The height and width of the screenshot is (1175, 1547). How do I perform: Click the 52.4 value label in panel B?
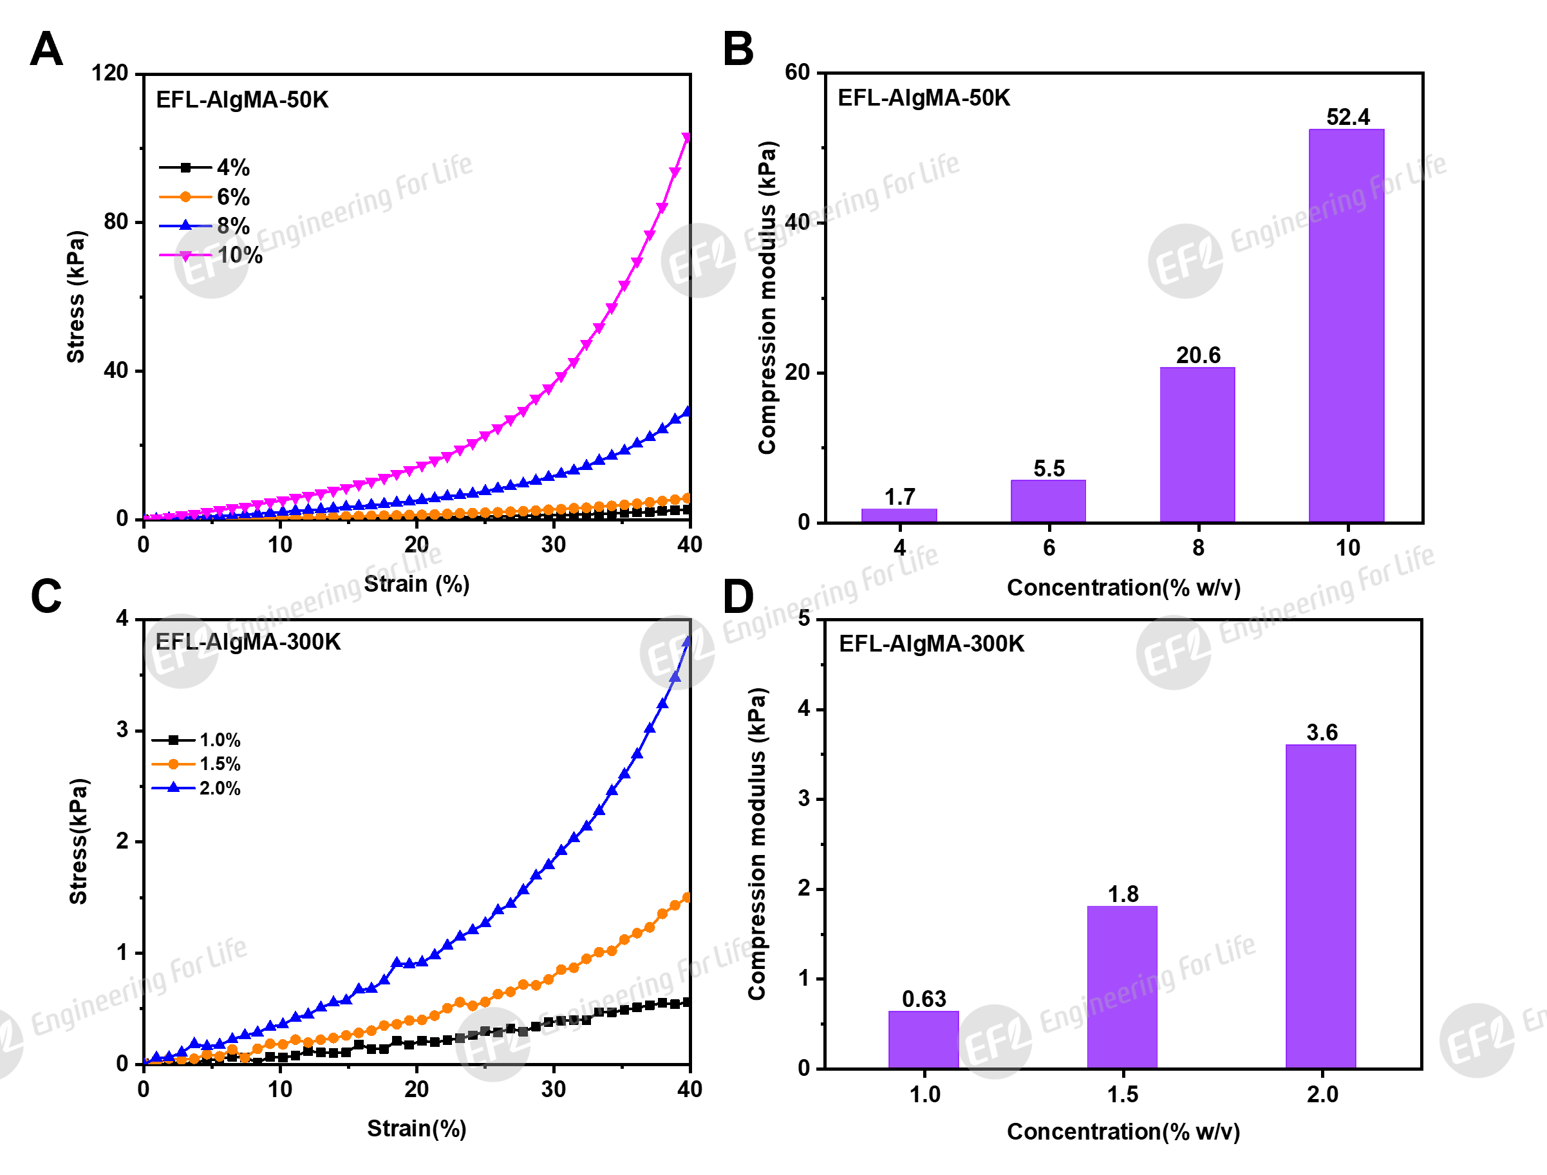click(x=1347, y=117)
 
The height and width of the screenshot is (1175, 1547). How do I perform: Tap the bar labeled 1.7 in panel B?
click(x=899, y=515)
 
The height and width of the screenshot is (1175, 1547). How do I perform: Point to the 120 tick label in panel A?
click(x=110, y=73)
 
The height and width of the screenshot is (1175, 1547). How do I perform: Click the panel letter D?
click(x=738, y=597)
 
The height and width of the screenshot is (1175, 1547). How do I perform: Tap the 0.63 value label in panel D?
click(x=923, y=999)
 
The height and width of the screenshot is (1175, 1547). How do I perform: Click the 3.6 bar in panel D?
click(x=1320, y=906)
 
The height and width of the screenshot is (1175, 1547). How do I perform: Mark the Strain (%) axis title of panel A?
click(x=417, y=584)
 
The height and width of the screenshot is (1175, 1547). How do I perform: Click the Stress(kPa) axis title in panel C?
click(x=79, y=841)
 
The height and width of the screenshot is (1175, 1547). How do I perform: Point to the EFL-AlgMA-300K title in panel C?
click(x=248, y=642)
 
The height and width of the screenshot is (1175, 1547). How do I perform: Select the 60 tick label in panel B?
click(x=796, y=72)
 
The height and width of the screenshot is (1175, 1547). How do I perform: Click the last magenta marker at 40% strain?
click(x=687, y=138)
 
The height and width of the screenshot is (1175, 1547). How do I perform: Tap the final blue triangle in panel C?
click(x=688, y=641)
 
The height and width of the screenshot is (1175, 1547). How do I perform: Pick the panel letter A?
click(x=46, y=49)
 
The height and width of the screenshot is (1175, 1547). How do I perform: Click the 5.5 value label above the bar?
click(x=1048, y=469)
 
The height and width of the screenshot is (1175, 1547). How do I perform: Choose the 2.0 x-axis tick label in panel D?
click(x=1322, y=1095)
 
